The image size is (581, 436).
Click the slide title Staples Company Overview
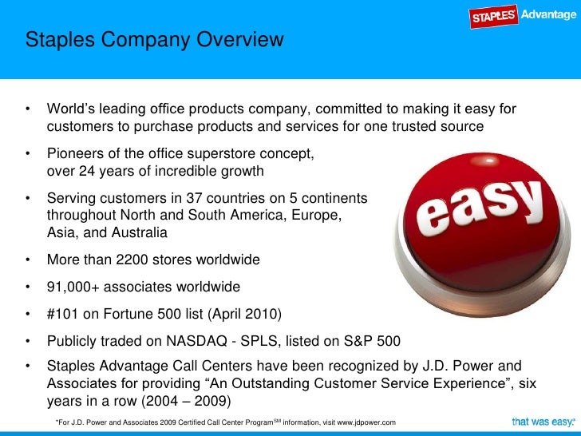153,39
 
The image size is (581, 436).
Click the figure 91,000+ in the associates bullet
79,286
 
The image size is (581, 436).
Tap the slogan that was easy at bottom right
542,421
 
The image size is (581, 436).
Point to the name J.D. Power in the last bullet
455,367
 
